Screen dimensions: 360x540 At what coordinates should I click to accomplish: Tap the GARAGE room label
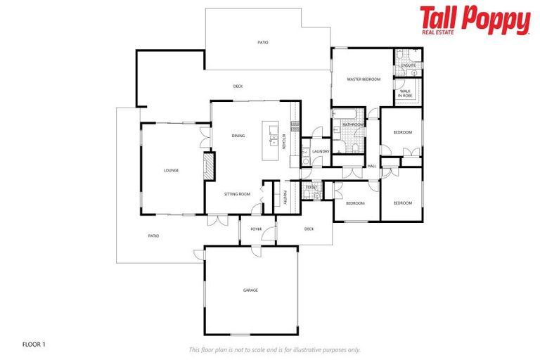[x=250, y=290]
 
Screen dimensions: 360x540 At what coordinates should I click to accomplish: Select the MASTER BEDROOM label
[x=364, y=79]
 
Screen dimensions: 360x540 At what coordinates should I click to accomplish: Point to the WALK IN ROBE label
[x=405, y=92]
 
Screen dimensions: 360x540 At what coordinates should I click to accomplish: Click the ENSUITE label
[x=409, y=65]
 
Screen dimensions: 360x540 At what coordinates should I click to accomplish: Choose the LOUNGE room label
[x=171, y=170]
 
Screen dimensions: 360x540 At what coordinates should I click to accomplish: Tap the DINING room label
[x=238, y=136]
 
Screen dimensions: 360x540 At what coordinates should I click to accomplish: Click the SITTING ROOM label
[x=237, y=193]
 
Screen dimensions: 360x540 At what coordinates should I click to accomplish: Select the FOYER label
[x=256, y=229]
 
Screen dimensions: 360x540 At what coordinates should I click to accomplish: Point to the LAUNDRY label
[x=321, y=151]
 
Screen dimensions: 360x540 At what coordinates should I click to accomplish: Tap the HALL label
[x=372, y=166]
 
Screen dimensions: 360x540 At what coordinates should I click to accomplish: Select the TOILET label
[x=311, y=187]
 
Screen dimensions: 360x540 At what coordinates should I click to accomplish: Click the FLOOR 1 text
[x=34, y=345]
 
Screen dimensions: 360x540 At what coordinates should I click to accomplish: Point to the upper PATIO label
[x=262, y=42]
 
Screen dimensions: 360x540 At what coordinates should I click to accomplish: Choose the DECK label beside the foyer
[x=309, y=229]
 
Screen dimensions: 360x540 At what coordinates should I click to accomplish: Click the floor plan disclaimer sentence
[x=275, y=349]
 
